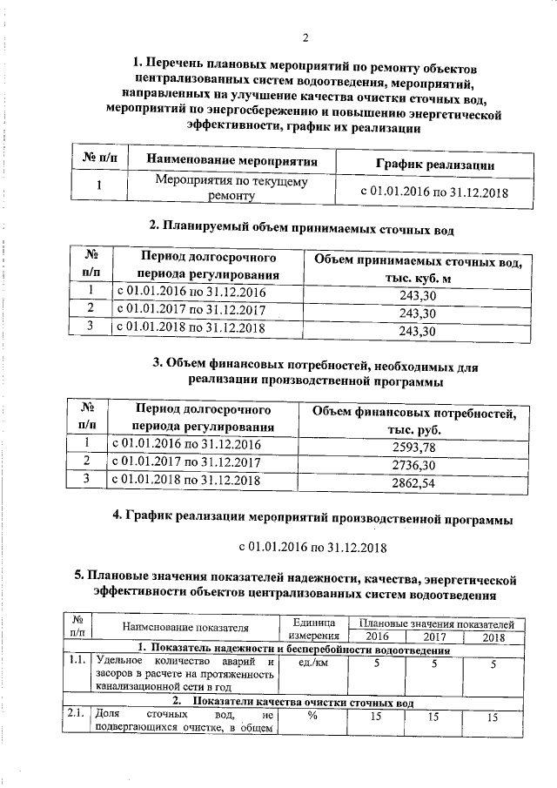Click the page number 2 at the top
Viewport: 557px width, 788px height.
(x=305, y=36)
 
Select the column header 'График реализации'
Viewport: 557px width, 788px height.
(x=435, y=163)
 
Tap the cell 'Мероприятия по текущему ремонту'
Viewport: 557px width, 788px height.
(x=231, y=189)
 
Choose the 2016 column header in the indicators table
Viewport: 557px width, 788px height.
(x=377, y=637)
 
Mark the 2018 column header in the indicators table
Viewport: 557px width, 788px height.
(x=493, y=637)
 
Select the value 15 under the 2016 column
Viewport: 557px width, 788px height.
(x=377, y=717)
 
